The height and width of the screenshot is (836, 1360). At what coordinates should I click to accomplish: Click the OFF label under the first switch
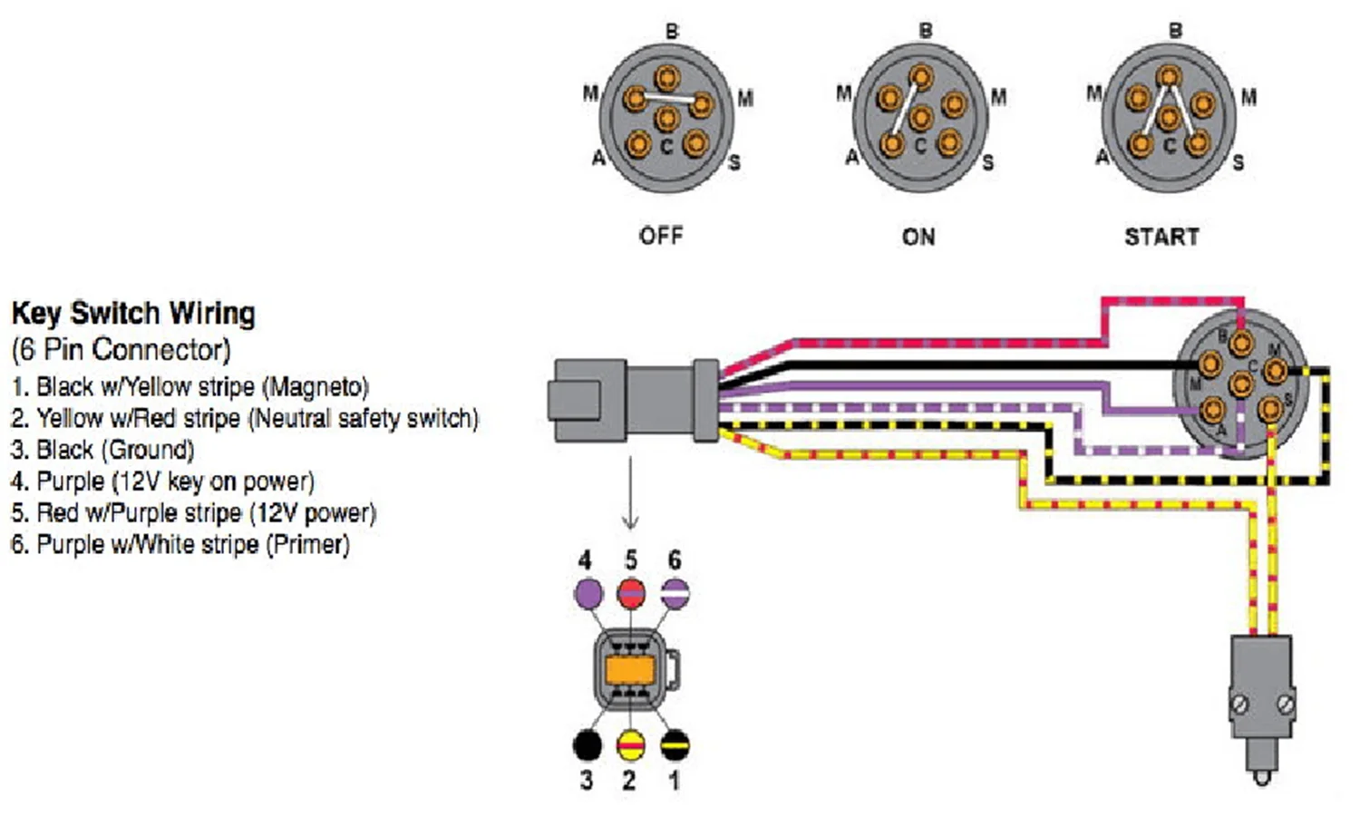click(x=661, y=236)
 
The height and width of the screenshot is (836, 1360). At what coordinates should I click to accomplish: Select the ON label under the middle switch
click(x=918, y=237)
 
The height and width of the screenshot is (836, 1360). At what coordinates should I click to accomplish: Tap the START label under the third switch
click(x=1162, y=237)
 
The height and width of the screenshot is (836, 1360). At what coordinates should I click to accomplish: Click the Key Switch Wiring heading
click(x=133, y=314)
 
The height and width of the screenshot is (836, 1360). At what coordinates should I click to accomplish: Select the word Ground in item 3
click(x=148, y=450)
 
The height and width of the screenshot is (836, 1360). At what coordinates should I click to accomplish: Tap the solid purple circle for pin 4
click(x=588, y=593)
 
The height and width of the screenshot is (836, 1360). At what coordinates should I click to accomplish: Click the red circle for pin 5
click(x=631, y=593)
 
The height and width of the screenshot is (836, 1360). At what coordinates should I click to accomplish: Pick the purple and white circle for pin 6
click(x=675, y=593)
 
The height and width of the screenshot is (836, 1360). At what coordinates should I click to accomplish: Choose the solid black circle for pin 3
click(x=588, y=745)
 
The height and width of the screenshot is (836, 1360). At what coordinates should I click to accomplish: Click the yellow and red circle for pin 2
click(x=631, y=745)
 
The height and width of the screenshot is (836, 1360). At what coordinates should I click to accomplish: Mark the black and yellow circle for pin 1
click(x=675, y=745)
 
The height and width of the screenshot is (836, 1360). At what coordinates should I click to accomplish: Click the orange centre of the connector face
click(x=630, y=671)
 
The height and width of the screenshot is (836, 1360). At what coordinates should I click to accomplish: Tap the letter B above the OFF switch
click(x=672, y=31)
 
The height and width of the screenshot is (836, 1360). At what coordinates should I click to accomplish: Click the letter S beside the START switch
click(x=1238, y=162)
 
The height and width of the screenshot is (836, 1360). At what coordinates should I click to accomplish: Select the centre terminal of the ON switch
click(x=920, y=118)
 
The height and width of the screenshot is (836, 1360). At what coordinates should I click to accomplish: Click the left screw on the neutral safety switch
click(x=1239, y=705)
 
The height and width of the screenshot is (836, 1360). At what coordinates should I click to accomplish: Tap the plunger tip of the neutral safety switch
click(x=1261, y=778)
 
